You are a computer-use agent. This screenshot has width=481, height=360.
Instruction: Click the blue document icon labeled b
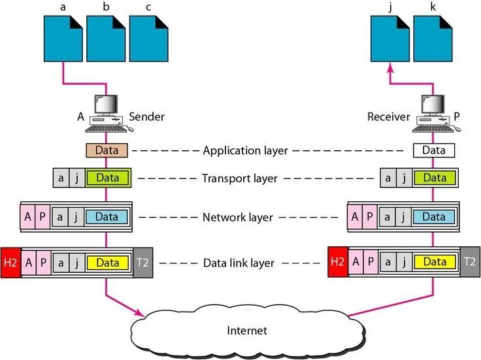coord(106,39)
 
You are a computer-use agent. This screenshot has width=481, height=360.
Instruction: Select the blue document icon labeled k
coord(433,39)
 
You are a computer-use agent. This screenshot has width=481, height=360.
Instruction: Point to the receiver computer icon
coord(436,114)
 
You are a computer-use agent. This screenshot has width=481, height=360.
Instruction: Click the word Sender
coord(146,117)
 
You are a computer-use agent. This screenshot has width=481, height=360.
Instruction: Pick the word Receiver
coord(389,117)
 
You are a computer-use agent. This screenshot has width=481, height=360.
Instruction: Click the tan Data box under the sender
coord(107,150)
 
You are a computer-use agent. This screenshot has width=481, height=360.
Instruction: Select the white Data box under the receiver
coord(434,150)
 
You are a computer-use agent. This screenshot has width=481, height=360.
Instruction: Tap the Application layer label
coord(246,151)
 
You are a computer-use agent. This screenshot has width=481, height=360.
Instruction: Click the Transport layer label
coord(240,178)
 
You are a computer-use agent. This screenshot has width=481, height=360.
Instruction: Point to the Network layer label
coord(238,218)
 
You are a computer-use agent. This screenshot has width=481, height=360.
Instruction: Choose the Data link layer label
coord(239,263)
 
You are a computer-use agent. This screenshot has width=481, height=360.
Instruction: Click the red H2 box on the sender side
coord(10,263)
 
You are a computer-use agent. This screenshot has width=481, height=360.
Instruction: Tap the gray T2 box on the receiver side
coord(470,261)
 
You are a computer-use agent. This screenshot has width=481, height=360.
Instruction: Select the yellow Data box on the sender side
coord(108,263)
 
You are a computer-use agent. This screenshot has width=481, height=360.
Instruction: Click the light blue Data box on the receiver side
coord(434,217)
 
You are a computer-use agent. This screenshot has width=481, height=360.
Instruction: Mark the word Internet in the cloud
coord(247,331)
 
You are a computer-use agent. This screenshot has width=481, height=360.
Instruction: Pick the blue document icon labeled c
coord(148,39)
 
